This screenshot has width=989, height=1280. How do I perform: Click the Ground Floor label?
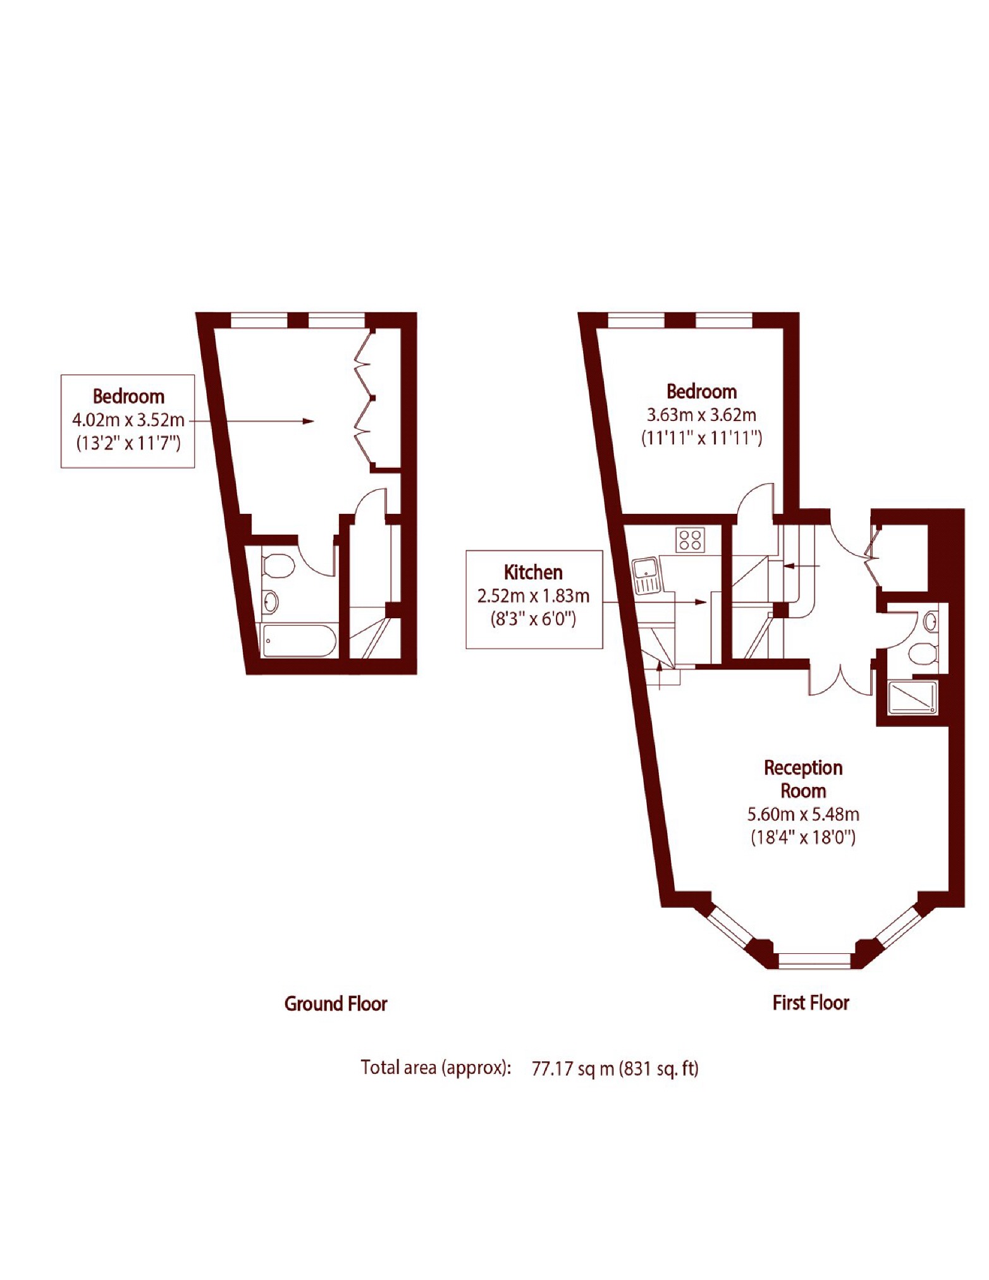335,1003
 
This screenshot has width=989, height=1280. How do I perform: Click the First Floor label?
811,1002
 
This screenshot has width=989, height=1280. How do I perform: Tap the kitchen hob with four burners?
690,540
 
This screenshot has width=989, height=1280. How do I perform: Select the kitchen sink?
646,575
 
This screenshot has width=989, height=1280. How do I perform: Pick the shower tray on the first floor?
913,697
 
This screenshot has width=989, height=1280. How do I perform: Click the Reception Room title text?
803,779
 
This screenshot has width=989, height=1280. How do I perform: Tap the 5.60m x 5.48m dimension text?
803,814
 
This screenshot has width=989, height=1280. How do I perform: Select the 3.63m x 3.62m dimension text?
701,415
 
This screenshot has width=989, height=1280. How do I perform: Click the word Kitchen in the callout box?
533,572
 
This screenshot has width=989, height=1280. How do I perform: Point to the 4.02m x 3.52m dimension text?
128,420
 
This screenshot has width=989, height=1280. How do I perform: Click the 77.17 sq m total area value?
573,1069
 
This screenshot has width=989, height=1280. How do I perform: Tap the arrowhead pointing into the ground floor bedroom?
308,421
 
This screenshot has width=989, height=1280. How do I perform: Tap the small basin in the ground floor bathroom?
270,601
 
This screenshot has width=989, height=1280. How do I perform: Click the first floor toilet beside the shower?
923,654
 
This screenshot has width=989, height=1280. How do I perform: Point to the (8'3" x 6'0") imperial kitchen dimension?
533,619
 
